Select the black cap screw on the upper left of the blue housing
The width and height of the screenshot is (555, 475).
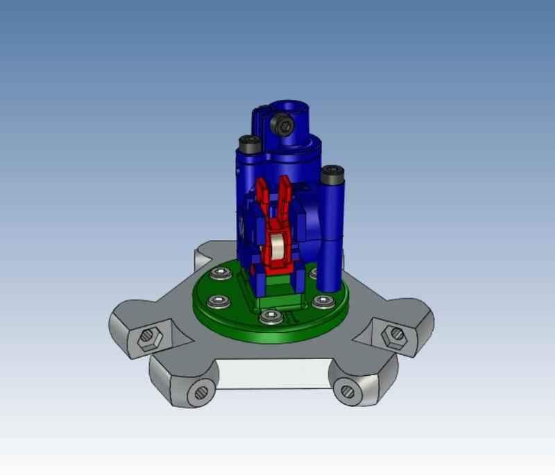point(250,144)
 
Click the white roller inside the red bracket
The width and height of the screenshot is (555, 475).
point(276,249)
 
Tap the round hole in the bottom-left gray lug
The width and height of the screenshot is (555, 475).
point(200,392)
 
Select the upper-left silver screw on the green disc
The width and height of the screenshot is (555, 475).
point(221,273)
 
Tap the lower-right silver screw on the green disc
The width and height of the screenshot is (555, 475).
point(321,301)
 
